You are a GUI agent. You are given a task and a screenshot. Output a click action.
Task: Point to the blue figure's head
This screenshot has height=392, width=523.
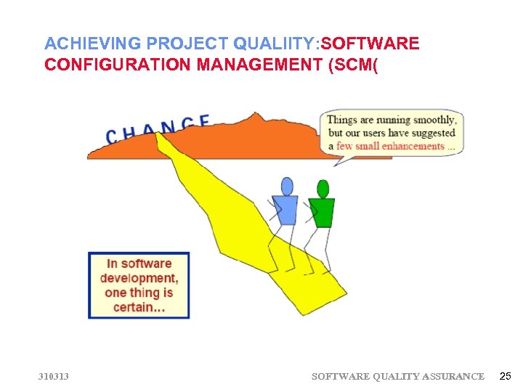tap(287, 187)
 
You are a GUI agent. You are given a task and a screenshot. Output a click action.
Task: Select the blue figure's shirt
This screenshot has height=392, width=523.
tap(285, 210)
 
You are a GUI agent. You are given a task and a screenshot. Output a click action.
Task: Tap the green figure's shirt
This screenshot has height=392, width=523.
tap(321, 212)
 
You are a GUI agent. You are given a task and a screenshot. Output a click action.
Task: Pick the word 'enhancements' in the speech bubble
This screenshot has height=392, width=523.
tap(408, 146)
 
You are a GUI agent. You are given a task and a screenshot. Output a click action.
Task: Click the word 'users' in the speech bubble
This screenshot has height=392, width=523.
tap(388, 133)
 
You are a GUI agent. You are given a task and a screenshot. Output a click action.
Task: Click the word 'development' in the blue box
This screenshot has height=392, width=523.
tap(138, 278)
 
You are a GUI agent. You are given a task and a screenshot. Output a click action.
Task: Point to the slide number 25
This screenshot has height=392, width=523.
tap(506, 376)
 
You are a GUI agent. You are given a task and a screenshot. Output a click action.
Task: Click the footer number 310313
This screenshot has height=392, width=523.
tap(54, 376)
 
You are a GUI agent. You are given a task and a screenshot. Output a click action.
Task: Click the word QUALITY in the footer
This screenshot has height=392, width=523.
tap(397, 376)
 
